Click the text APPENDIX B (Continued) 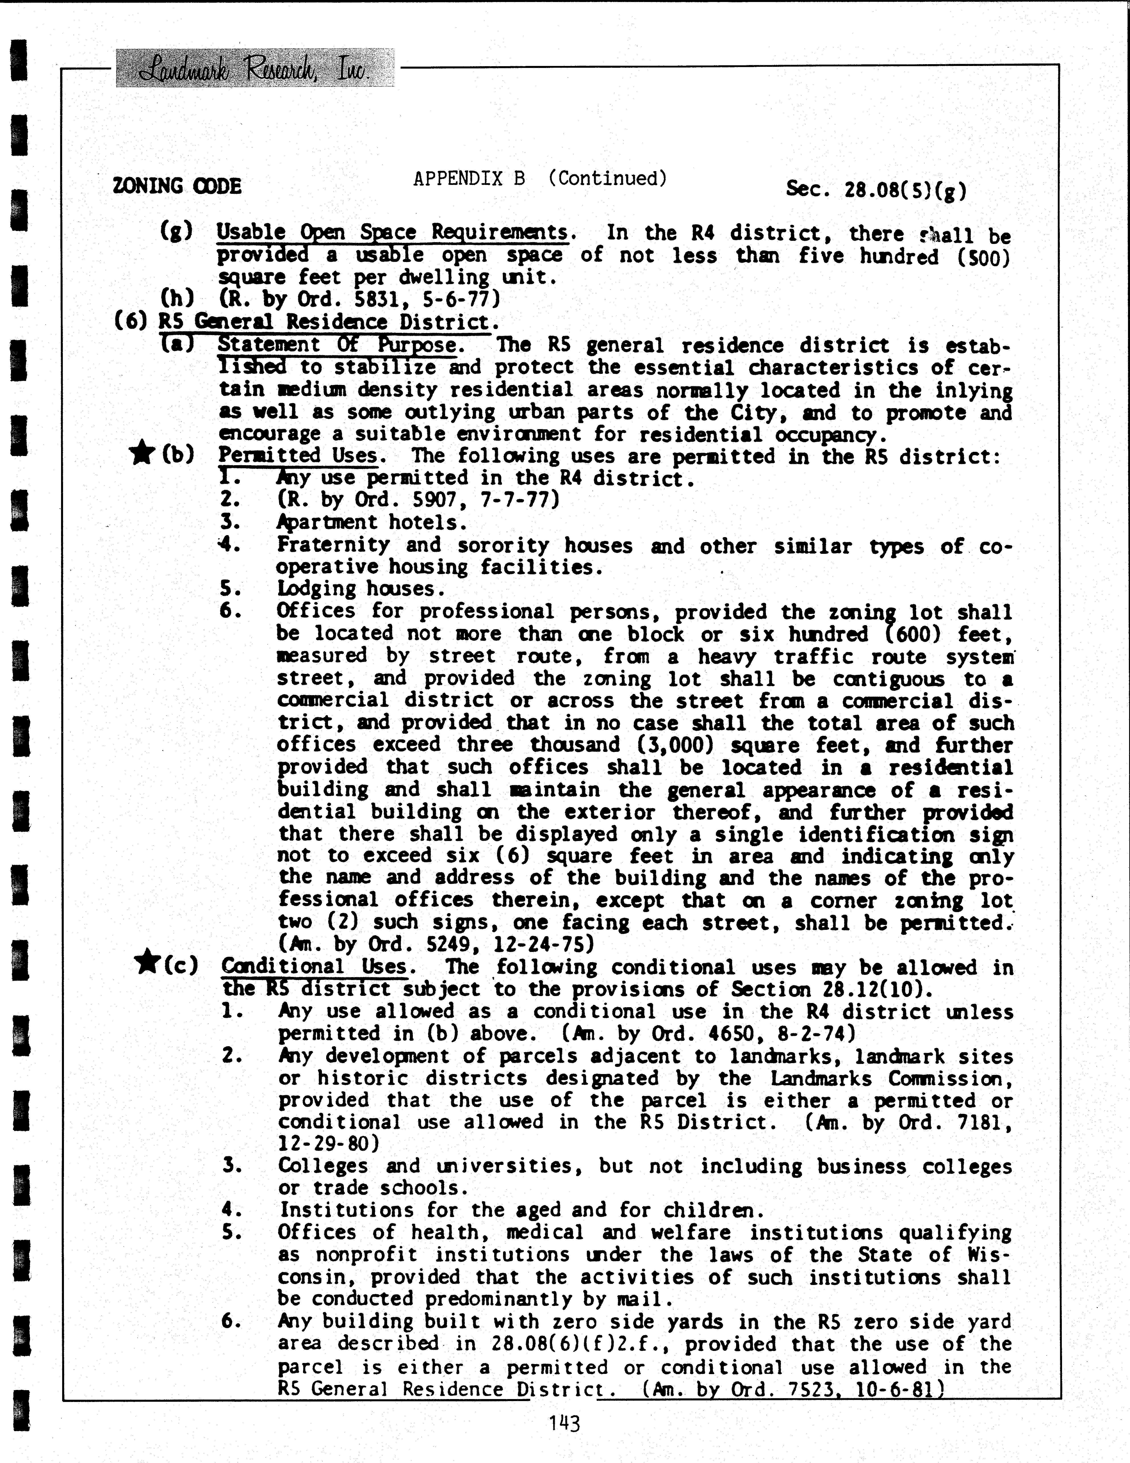tap(540, 179)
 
